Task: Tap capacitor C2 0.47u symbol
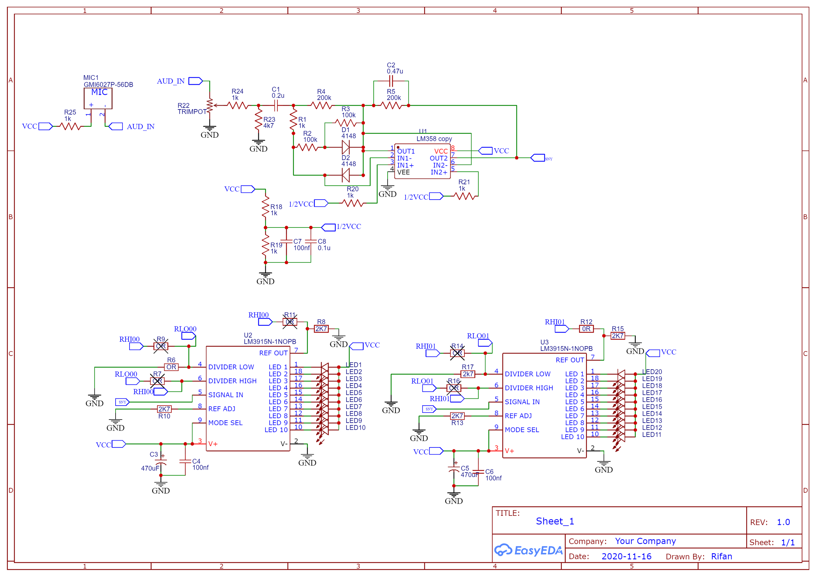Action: pyautogui.click(x=391, y=81)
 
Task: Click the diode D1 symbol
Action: pyautogui.click(x=345, y=147)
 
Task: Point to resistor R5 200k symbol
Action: pyautogui.click(x=391, y=106)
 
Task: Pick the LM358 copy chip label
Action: pyautogui.click(x=434, y=139)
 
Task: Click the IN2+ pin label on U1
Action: pyautogui.click(x=439, y=172)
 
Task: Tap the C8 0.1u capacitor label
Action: pyautogui.click(x=323, y=244)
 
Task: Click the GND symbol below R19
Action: pyautogui.click(x=265, y=278)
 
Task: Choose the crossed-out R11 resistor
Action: pyautogui.click(x=290, y=322)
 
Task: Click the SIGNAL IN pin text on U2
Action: pyautogui.click(x=226, y=395)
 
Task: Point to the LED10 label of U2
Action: pyautogui.click(x=355, y=428)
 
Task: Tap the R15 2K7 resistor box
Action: pyautogui.click(x=618, y=336)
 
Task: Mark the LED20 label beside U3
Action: pyautogui.click(x=652, y=372)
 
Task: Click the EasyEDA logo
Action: pyautogui.click(x=528, y=550)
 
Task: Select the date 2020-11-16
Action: pyautogui.click(x=626, y=556)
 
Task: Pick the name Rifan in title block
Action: pyautogui.click(x=721, y=556)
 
